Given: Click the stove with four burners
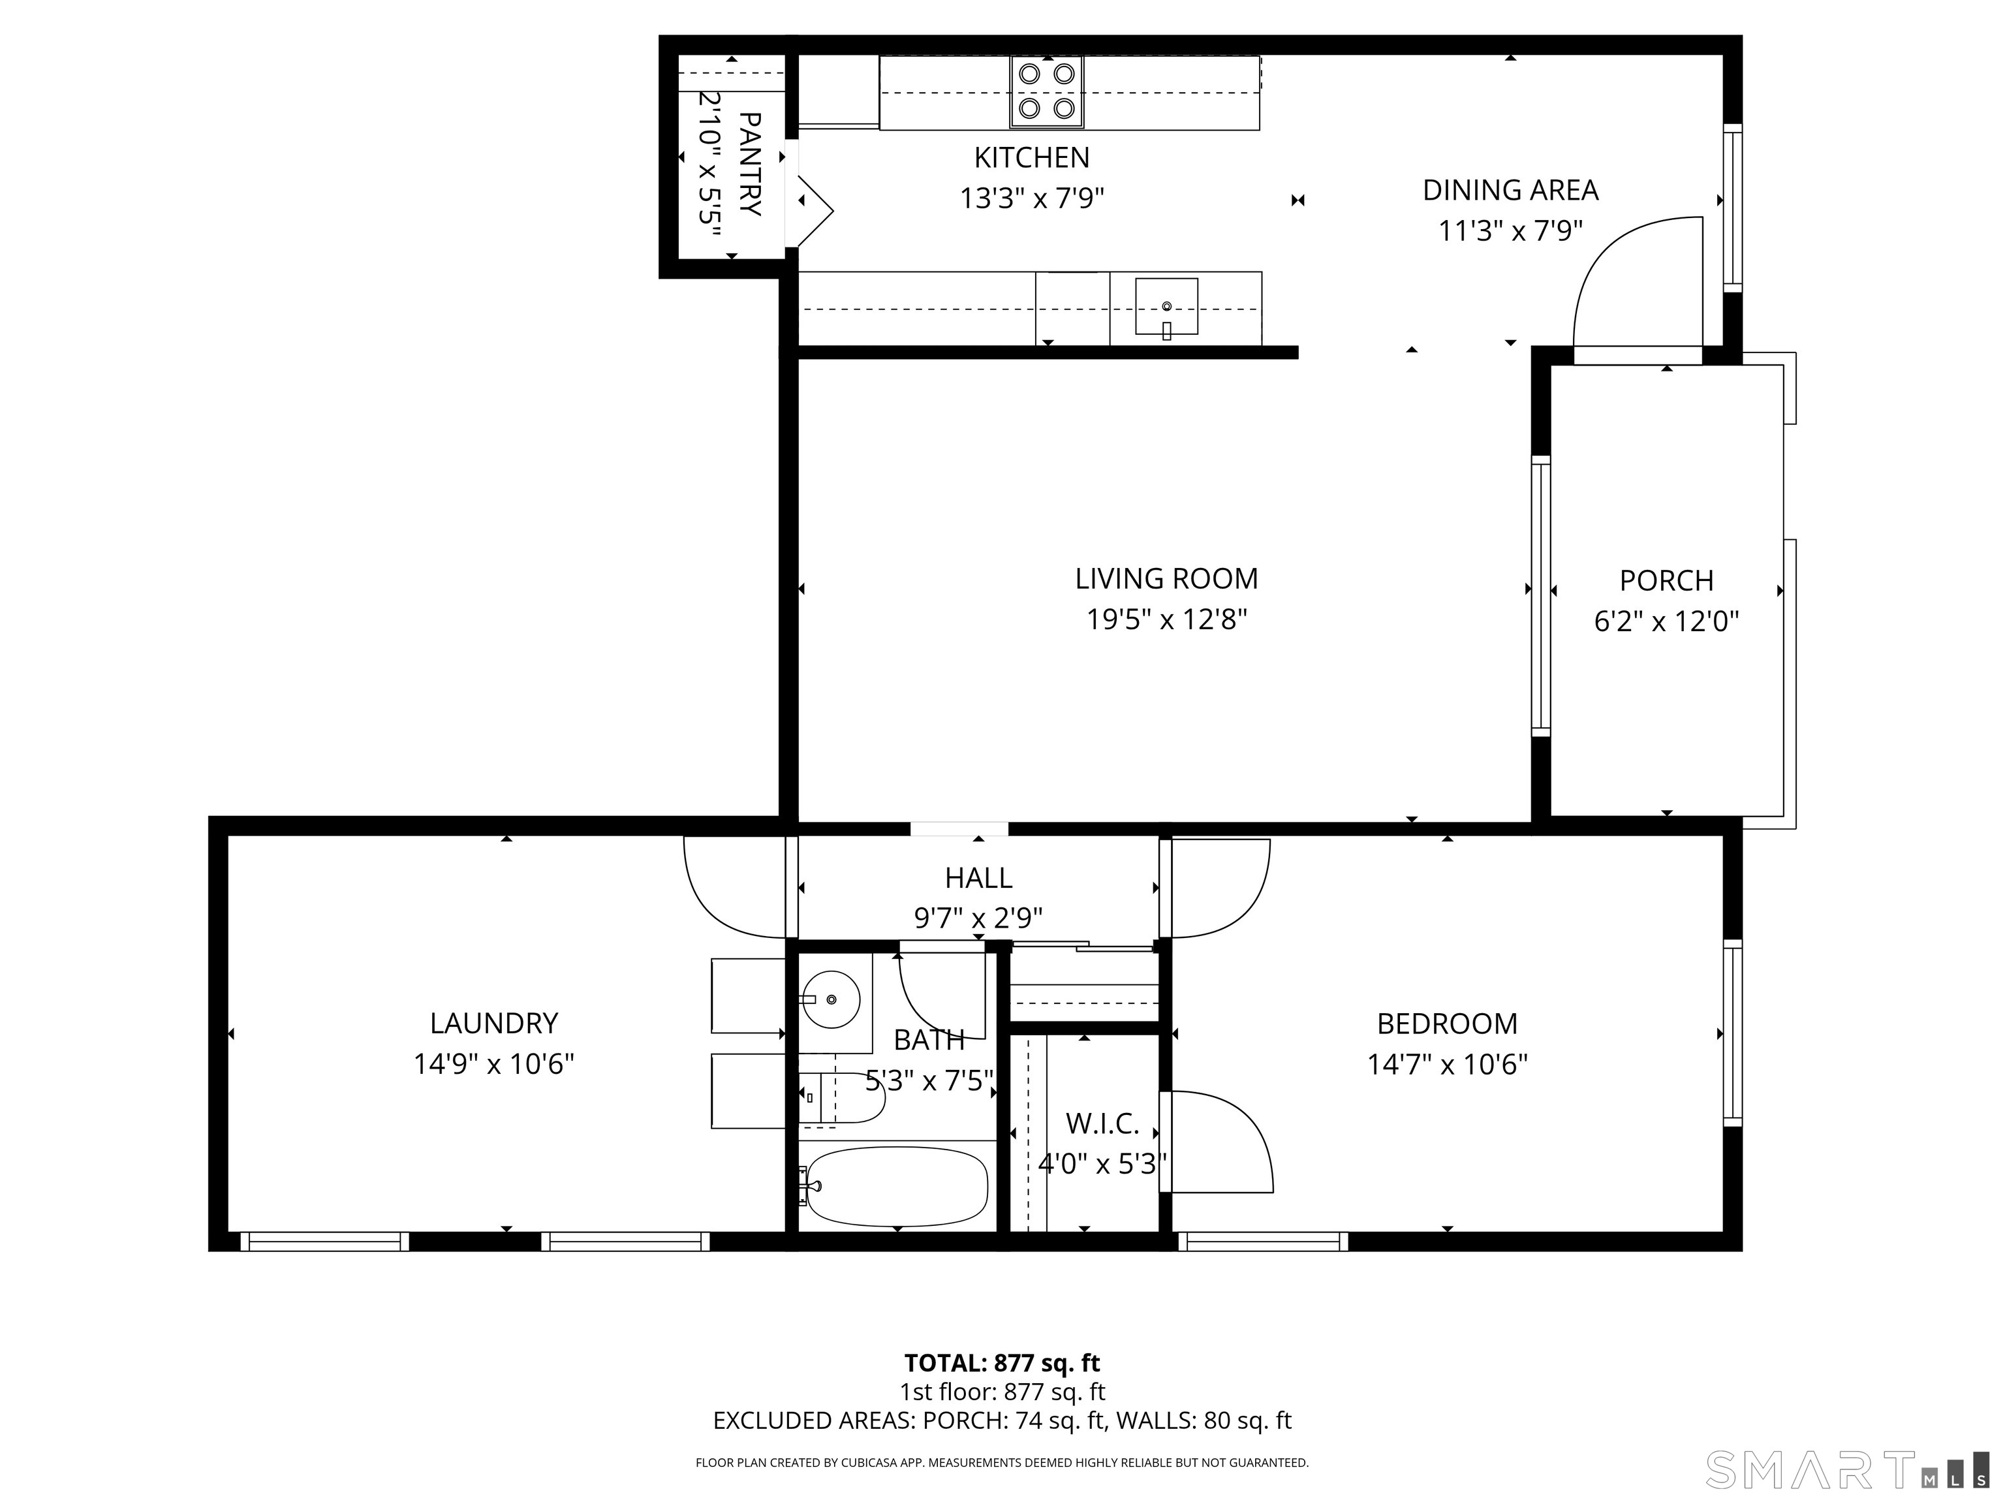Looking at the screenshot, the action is [1047, 91].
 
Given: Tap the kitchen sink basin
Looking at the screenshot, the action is [1166, 306].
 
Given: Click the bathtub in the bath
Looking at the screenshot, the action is [895, 1186].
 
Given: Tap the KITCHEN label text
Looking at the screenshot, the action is [1031, 158].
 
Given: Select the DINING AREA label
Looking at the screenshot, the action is [1510, 191].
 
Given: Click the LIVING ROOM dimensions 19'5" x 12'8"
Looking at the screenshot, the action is [1166, 619].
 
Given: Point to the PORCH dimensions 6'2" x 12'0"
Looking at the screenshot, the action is [1666, 621].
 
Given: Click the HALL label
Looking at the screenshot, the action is [978, 877].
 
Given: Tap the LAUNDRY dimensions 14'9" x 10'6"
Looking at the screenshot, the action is [494, 1063].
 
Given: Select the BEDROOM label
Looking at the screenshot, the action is [1447, 1024].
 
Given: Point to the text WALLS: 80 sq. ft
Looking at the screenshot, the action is [1203, 1420].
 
